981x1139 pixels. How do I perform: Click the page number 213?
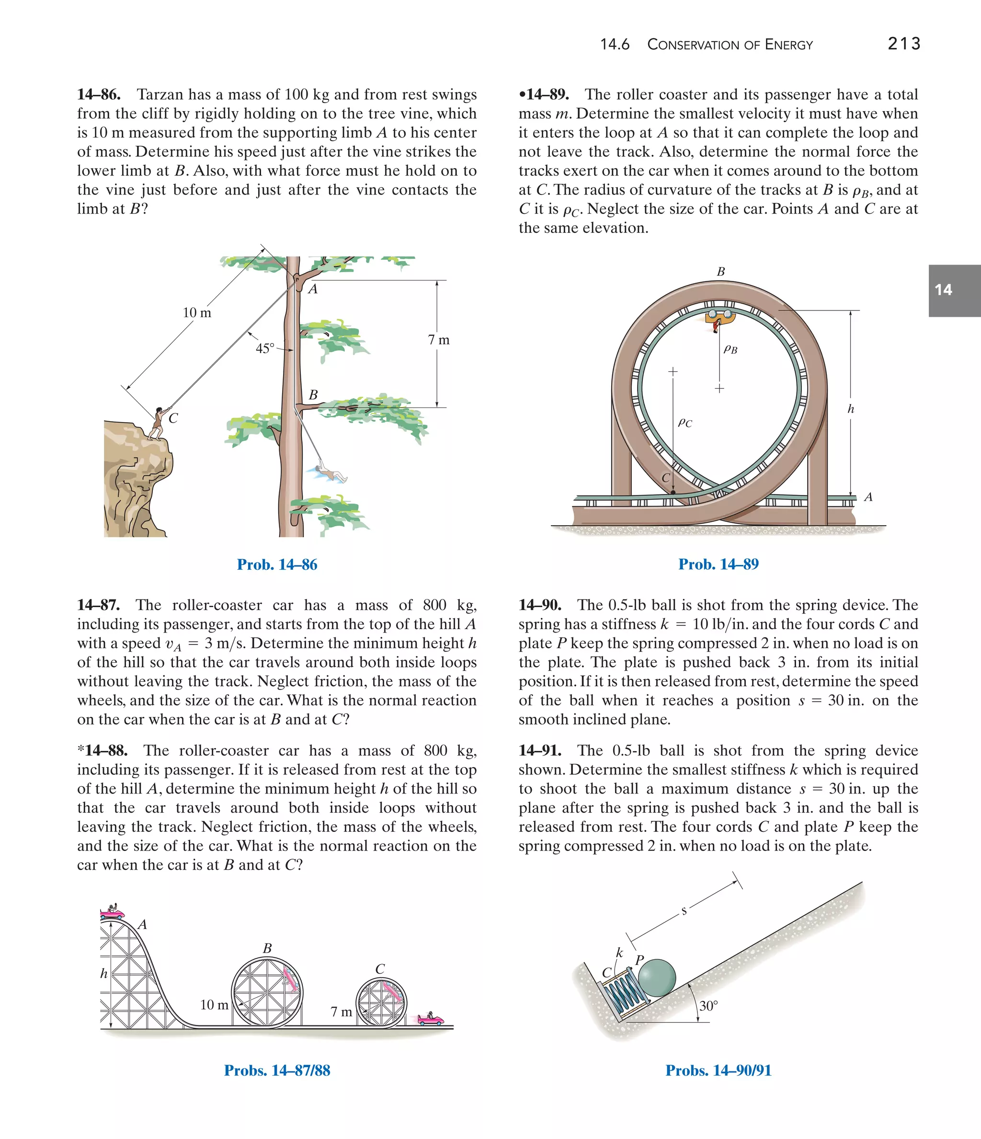tap(903, 44)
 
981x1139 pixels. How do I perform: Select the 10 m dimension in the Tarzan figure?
tap(197, 313)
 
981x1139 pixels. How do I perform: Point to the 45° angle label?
tap(265, 348)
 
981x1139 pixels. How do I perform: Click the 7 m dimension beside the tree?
tap(439, 340)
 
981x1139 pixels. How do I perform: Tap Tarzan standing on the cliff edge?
tap(158, 423)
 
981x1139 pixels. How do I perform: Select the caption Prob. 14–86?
tap(277, 564)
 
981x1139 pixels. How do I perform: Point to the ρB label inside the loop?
tap(730, 348)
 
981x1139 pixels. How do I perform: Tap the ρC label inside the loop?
tap(685, 422)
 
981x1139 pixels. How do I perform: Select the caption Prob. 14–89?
tap(719, 564)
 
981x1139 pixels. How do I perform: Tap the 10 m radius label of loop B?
tap(214, 1005)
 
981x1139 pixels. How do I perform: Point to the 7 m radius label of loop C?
tap(341, 1012)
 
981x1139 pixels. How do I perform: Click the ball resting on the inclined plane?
tap(657, 978)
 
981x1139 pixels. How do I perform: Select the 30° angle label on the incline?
tap(708, 1006)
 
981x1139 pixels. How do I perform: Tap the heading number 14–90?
tap(540, 605)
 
